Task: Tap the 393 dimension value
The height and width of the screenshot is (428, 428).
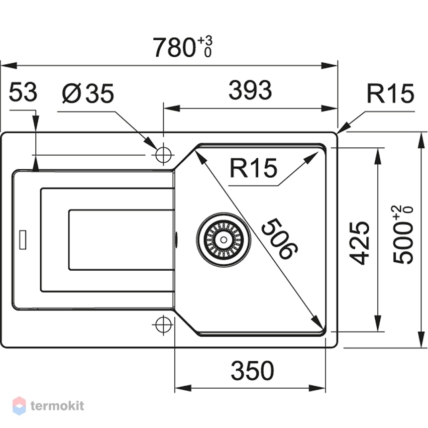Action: [x=250, y=90]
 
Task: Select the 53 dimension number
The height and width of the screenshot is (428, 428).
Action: [x=23, y=92]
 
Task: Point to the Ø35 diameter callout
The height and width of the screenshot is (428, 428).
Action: [x=88, y=94]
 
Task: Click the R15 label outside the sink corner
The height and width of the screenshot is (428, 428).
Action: [x=390, y=94]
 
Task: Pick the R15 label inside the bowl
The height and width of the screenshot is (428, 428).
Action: [x=253, y=168]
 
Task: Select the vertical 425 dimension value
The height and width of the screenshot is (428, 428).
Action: [x=359, y=243]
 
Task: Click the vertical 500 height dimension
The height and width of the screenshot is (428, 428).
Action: [x=403, y=235]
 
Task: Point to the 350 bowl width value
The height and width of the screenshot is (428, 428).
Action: [x=252, y=370]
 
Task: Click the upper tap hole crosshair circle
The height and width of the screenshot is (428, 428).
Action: [x=163, y=155]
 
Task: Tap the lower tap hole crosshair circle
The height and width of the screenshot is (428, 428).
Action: [x=163, y=324]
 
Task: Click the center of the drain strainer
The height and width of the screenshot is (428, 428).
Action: [x=223, y=240]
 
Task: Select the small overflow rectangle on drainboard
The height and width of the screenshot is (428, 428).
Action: [x=23, y=240]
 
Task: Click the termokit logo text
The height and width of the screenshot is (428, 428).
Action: [x=57, y=406]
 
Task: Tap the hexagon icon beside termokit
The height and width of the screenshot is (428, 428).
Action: [x=19, y=406]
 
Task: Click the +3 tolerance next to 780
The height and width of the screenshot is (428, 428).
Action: [x=205, y=41]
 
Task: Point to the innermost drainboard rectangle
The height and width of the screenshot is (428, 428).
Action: [x=121, y=240]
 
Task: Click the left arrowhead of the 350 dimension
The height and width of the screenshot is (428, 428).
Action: [x=183, y=388]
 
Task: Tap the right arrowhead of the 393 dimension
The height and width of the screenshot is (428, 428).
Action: [x=329, y=108]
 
